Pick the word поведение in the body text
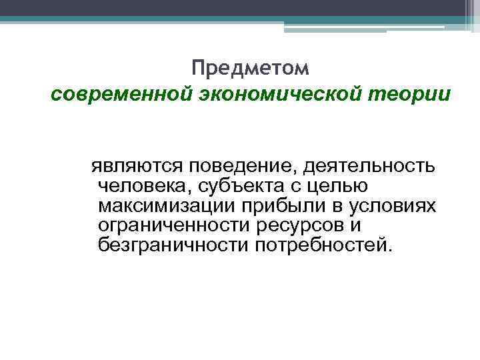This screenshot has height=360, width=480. (237, 163)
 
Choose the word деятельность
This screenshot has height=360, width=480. (366, 163)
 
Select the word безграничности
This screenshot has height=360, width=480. (171, 246)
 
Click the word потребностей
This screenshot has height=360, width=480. (319, 246)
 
